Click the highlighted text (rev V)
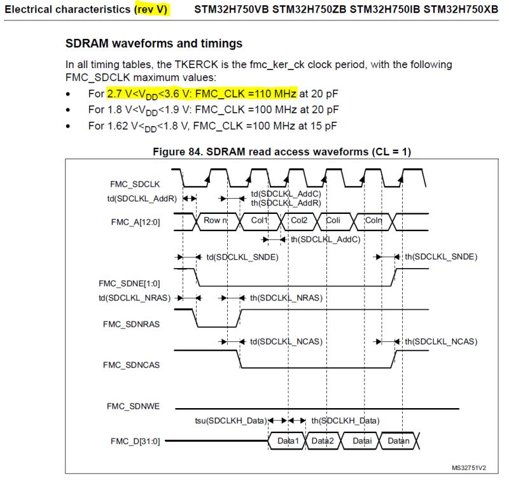pos(151,10)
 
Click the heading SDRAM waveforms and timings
pos(154,44)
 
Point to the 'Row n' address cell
pos(216,220)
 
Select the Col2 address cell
pos(299,220)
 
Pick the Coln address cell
pos(373,220)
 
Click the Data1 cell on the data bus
pos(288,441)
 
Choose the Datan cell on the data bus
pos(399,441)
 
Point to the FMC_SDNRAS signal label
pos(131,323)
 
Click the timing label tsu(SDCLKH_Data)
pos(230,421)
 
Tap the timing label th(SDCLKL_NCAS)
pos(440,341)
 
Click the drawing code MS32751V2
pos(469,467)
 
